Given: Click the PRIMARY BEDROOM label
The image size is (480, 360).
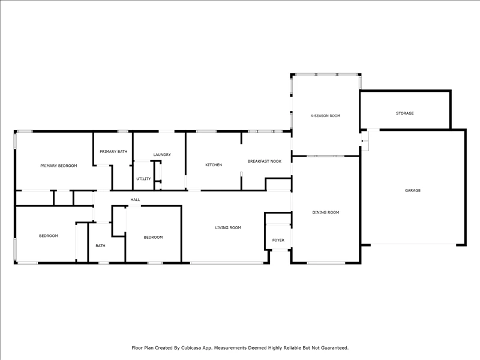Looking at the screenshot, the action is [59, 166].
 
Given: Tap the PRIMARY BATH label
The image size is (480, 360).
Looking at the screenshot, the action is [113, 152].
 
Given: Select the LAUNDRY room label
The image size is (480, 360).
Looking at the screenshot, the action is [162, 155].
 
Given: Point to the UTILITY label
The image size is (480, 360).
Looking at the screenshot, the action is [143, 179].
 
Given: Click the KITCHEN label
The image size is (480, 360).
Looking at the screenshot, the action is [214, 165].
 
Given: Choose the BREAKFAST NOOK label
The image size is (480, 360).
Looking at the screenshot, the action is [265, 161].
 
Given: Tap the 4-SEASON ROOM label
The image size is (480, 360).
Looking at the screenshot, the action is [325, 116].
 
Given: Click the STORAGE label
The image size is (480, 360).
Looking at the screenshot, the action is [404, 113].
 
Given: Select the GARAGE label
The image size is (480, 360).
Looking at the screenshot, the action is [413, 190].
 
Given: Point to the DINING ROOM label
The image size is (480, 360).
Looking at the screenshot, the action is [326, 212].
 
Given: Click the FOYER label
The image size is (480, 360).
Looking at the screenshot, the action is [278, 241].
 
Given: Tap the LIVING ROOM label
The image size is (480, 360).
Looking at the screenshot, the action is [228, 228].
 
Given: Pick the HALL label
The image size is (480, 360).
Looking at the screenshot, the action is [136, 200].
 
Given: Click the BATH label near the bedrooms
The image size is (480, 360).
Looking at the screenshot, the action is [100, 246].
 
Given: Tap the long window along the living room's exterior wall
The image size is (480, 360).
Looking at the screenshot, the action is [227, 263].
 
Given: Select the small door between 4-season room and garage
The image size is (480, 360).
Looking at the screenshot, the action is [365, 141].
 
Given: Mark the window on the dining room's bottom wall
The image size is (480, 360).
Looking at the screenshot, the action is [326, 263].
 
